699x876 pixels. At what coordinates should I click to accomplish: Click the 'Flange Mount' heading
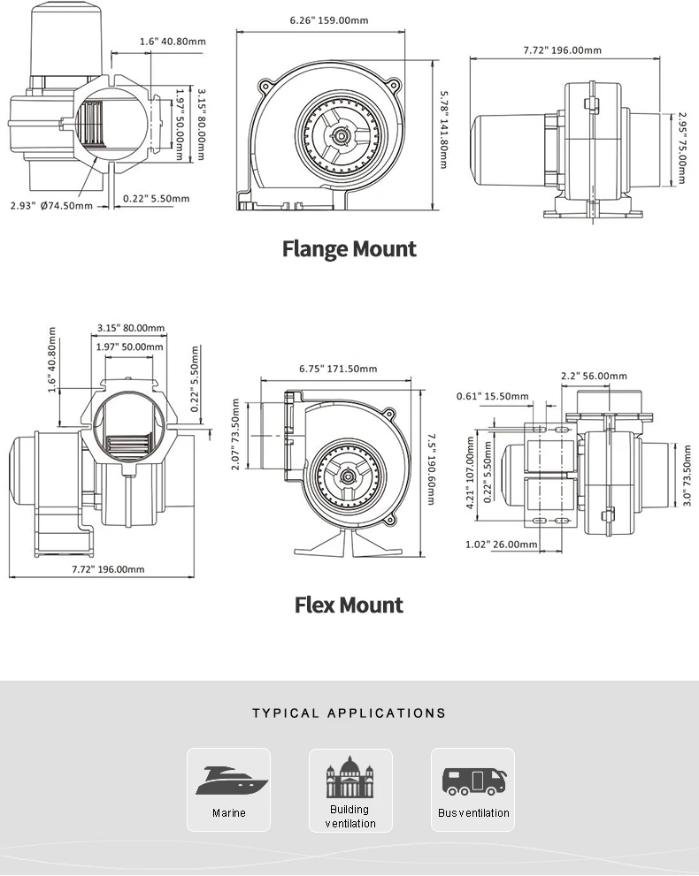349,248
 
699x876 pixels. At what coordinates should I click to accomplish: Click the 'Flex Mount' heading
349,605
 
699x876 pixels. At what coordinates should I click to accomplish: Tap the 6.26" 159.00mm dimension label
329,20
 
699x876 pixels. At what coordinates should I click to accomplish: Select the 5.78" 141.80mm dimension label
443,130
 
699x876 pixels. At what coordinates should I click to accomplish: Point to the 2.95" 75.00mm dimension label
681,148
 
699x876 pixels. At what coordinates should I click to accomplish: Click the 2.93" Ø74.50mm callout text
51,206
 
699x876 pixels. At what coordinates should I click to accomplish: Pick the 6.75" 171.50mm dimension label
338,369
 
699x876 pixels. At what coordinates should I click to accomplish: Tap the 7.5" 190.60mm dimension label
431,469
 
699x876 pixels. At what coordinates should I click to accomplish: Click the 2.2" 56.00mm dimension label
594,376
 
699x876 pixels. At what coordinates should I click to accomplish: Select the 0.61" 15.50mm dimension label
493,396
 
